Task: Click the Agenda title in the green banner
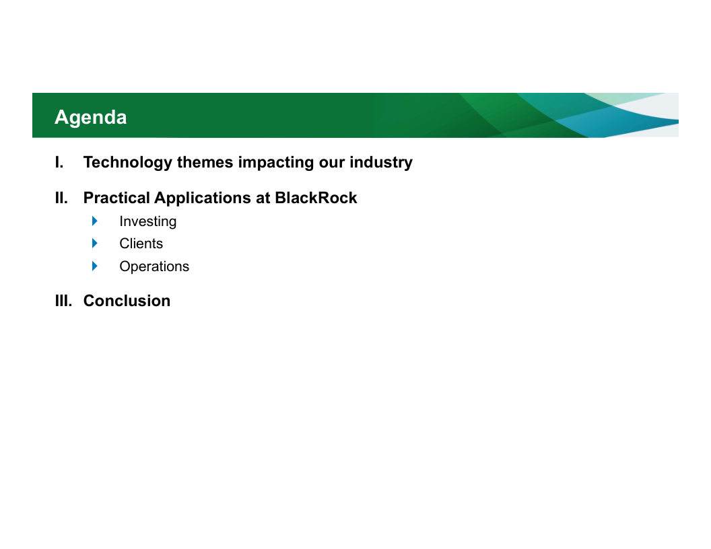tap(91, 118)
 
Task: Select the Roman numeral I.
tap(59, 162)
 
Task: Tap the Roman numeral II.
tap(62, 198)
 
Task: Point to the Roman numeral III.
tap(63, 301)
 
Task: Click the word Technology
tap(128, 163)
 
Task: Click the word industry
tap(381, 163)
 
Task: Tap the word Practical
tap(116, 198)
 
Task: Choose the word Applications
tap(206, 198)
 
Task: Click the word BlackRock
tap(316, 198)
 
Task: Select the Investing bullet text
tap(148, 222)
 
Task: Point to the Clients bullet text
tap(141, 244)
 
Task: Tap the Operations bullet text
tap(154, 267)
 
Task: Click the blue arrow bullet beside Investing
tap(95, 221)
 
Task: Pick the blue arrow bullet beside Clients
tap(95, 244)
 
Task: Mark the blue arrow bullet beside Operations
tap(95, 266)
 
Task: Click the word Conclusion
tap(127, 301)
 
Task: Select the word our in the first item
tap(331, 163)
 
